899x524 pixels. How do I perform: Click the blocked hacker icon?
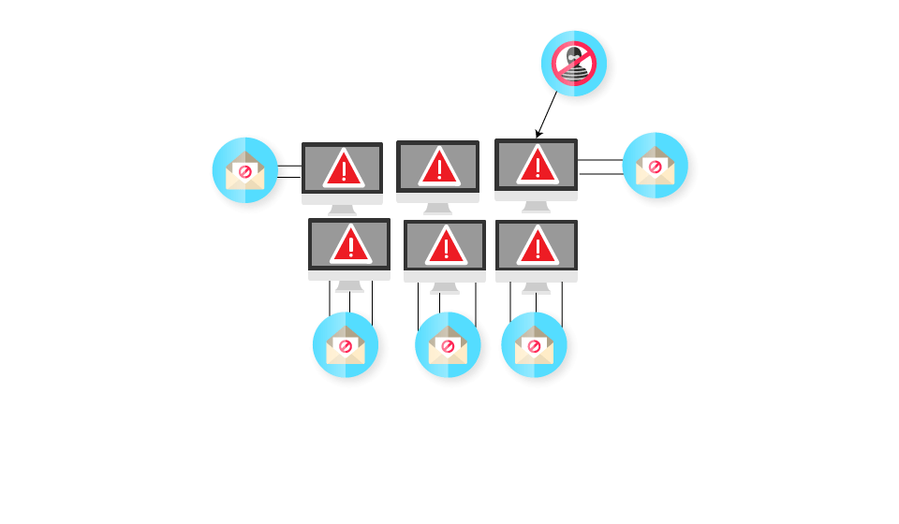coord(573,64)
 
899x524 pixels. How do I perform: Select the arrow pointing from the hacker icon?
coord(547,114)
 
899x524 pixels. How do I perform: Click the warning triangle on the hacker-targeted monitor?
coord(537,166)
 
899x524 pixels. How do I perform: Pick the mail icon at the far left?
coord(245,170)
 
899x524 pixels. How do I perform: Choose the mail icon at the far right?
coord(656,166)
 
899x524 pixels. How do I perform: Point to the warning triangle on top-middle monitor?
coord(438,167)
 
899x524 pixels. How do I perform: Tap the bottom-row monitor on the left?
coord(349,250)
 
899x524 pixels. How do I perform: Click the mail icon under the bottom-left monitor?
coord(346,344)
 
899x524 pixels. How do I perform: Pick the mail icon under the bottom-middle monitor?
coord(448,344)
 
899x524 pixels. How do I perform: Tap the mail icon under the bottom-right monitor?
coord(534,344)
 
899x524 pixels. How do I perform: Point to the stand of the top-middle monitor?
coord(437,209)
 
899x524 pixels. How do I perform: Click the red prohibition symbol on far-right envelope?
coord(656,167)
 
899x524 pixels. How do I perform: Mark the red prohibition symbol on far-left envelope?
coord(245,172)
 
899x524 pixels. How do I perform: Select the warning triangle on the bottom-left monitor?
coord(350,245)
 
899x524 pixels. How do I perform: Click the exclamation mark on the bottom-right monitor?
coord(538,247)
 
